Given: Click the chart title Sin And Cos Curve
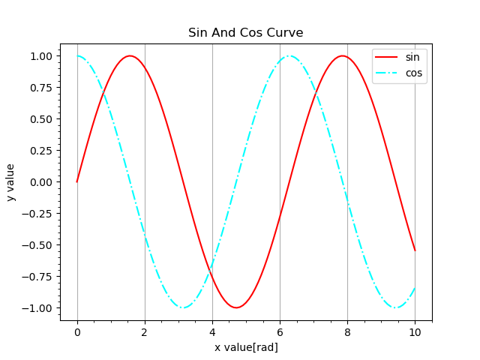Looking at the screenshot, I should [246, 33].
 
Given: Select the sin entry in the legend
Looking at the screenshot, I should [412, 57].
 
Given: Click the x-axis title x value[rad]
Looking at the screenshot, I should [246, 347].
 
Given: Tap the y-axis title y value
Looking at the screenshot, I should [10, 182].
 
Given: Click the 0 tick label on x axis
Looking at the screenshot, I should [77, 331].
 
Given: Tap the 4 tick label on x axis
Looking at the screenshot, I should [212, 331].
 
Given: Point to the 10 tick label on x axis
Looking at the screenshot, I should [415, 331].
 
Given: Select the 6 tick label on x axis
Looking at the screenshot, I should [280, 331].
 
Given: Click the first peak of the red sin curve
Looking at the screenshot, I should [130, 56].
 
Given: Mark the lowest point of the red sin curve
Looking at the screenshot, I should [236, 307].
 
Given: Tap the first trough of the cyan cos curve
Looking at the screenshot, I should [183, 307].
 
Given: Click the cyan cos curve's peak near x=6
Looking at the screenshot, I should [289, 56].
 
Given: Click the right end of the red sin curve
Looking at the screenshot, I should [415, 250].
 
